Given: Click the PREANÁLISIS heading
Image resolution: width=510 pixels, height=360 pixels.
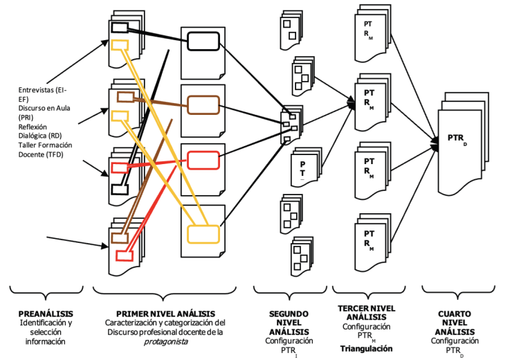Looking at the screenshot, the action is [46, 314].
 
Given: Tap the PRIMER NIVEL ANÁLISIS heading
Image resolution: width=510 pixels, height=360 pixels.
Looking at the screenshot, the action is [165, 314].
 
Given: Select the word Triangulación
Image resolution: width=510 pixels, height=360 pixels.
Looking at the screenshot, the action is [366, 349].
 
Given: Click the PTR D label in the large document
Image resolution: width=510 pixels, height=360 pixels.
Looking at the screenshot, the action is [457, 139].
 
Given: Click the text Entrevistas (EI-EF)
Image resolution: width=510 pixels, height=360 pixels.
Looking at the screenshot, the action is [42, 94].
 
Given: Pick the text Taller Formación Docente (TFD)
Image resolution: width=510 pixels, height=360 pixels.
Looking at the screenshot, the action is [45, 150].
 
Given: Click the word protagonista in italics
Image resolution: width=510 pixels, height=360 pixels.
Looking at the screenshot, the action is [165, 342].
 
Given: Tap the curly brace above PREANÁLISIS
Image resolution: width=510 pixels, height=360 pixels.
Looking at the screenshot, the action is [46, 292].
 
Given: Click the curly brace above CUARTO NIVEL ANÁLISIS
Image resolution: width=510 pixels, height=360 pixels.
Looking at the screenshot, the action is [458, 292].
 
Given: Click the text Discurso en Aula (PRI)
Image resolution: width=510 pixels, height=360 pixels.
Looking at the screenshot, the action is [44, 113].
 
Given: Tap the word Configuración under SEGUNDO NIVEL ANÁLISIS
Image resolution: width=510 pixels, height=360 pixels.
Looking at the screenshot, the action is [289, 341].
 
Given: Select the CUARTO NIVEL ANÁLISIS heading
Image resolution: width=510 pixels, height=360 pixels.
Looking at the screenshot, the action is [455, 323].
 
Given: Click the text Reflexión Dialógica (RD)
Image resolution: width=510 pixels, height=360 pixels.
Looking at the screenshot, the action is [39, 131].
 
